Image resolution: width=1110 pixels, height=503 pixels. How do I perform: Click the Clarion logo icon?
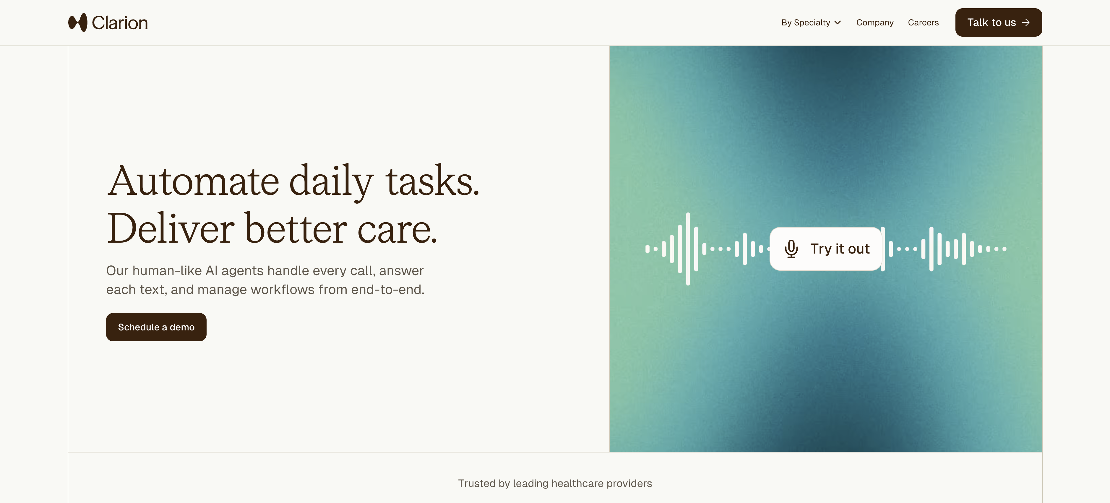(x=77, y=22)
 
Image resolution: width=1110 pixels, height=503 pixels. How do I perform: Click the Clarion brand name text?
(x=120, y=23)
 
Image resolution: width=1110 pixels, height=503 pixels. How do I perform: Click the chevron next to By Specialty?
(x=837, y=22)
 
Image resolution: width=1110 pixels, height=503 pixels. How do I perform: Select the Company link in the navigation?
(x=875, y=22)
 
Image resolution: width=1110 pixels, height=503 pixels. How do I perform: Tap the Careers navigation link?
(x=923, y=22)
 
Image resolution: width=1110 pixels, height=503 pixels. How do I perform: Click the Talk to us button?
(x=998, y=22)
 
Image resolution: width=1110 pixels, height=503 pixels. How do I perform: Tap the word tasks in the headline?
(x=432, y=181)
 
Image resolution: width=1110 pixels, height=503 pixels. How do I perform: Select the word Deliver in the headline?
(x=171, y=228)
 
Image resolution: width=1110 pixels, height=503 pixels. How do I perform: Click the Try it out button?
(x=826, y=249)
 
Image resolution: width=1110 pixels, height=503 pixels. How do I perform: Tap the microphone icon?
(x=791, y=249)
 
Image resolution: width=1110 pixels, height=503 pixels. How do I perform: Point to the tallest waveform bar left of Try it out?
(x=688, y=249)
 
